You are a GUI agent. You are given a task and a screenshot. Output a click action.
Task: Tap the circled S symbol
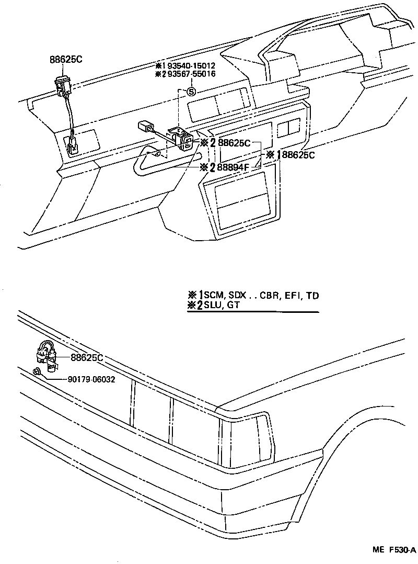pyautogui.click(x=191, y=92)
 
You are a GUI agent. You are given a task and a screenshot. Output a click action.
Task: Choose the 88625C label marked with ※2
pyautogui.click(x=234, y=143)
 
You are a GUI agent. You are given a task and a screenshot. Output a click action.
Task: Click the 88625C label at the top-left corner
pyautogui.click(x=66, y=60)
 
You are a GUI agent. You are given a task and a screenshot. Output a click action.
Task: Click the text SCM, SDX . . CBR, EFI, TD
pyautogui.click(x=261, y=296)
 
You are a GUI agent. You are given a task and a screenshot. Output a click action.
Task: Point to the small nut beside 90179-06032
pyautogui.click(x=37, y=372)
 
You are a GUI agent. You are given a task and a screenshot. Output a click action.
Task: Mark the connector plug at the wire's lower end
pyautogui.click(x=73, y=144)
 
